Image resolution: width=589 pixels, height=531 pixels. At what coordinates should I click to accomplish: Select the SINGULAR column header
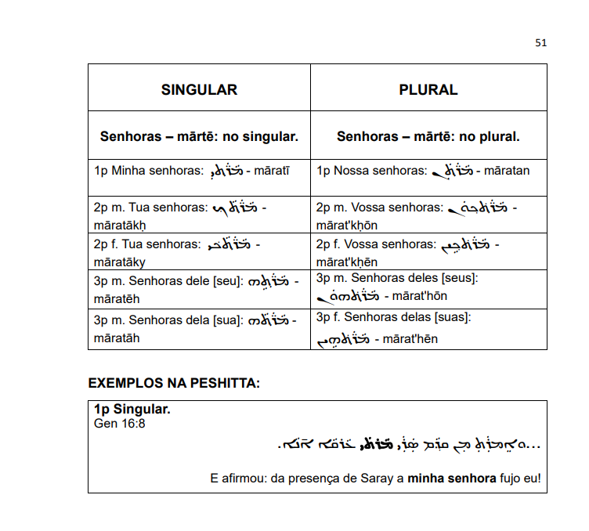coord(199,89)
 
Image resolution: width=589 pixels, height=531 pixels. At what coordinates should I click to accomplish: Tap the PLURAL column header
coord(428,89)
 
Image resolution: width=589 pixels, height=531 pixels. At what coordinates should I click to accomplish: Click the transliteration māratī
coord(273,170)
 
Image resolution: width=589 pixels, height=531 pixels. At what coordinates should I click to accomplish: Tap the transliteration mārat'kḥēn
coord(347,262)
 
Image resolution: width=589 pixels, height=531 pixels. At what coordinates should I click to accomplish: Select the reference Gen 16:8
coord(119,424)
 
